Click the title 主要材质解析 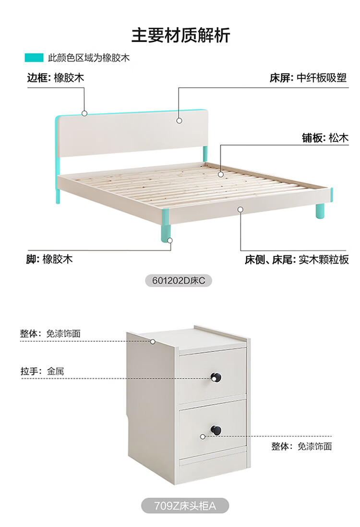pyautogui.click(x=180, y=35)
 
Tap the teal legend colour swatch pyautogui.click(x=34, y=58)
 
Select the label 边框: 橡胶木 pyautogui.click(x=56, y=78)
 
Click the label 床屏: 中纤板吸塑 pyautogui.click(x=308, y=78)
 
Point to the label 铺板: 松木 pyautogui.click(x=324, y=138)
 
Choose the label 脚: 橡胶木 pyautogui.click(x=49, y=259)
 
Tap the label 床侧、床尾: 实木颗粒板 pyautogui.click(x=297, y=260)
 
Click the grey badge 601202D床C pyautogui.click(x=179, y=280)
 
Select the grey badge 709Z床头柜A pyautogui.click(x=185, y=506)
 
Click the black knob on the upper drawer pyautogui.click(x=216, y=377)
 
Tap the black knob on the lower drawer pyautogui.click(x=216, y=430)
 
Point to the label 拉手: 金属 pyautogui.click(x=42, y=371)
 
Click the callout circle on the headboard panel pyautogui.click(x=179, y=120)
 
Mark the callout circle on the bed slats pyautogui.click(x=220, y=174)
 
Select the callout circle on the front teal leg pyautogui.click(x=170, y=240)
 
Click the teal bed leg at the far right pyautogui.click(x=320, y=211)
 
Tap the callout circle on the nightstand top pyautogui.click(x=153, y=342)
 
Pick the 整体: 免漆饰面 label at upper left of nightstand pyautogui.click(x=50, y=334)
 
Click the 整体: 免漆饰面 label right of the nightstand pyautogui.click(x=301, y=446)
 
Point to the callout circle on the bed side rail pyautogui.click(x=240, y=209)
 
